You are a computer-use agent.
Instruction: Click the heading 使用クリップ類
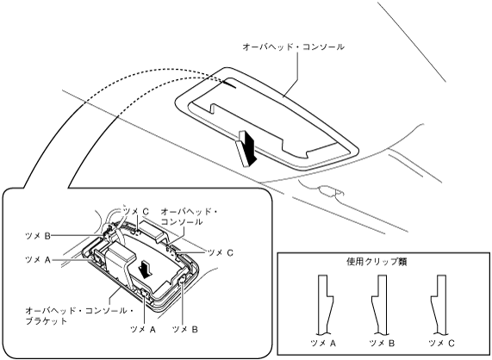click(x=377, y=262)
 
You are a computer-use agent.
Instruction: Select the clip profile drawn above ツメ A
click(x=326, y=304)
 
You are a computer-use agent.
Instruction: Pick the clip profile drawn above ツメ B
click(x=379, y=304)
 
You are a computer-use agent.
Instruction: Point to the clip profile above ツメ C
click(x=439, y=304)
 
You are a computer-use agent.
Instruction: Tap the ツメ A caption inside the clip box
click(x=323, y=344)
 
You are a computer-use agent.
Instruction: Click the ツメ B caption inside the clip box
click(x=382, y=344)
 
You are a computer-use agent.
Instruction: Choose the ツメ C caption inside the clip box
click(x=441, y=344)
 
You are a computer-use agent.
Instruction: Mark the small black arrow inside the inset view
click(x=146, y=270)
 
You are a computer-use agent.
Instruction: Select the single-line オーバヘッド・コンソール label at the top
click(x=293, y=47)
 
